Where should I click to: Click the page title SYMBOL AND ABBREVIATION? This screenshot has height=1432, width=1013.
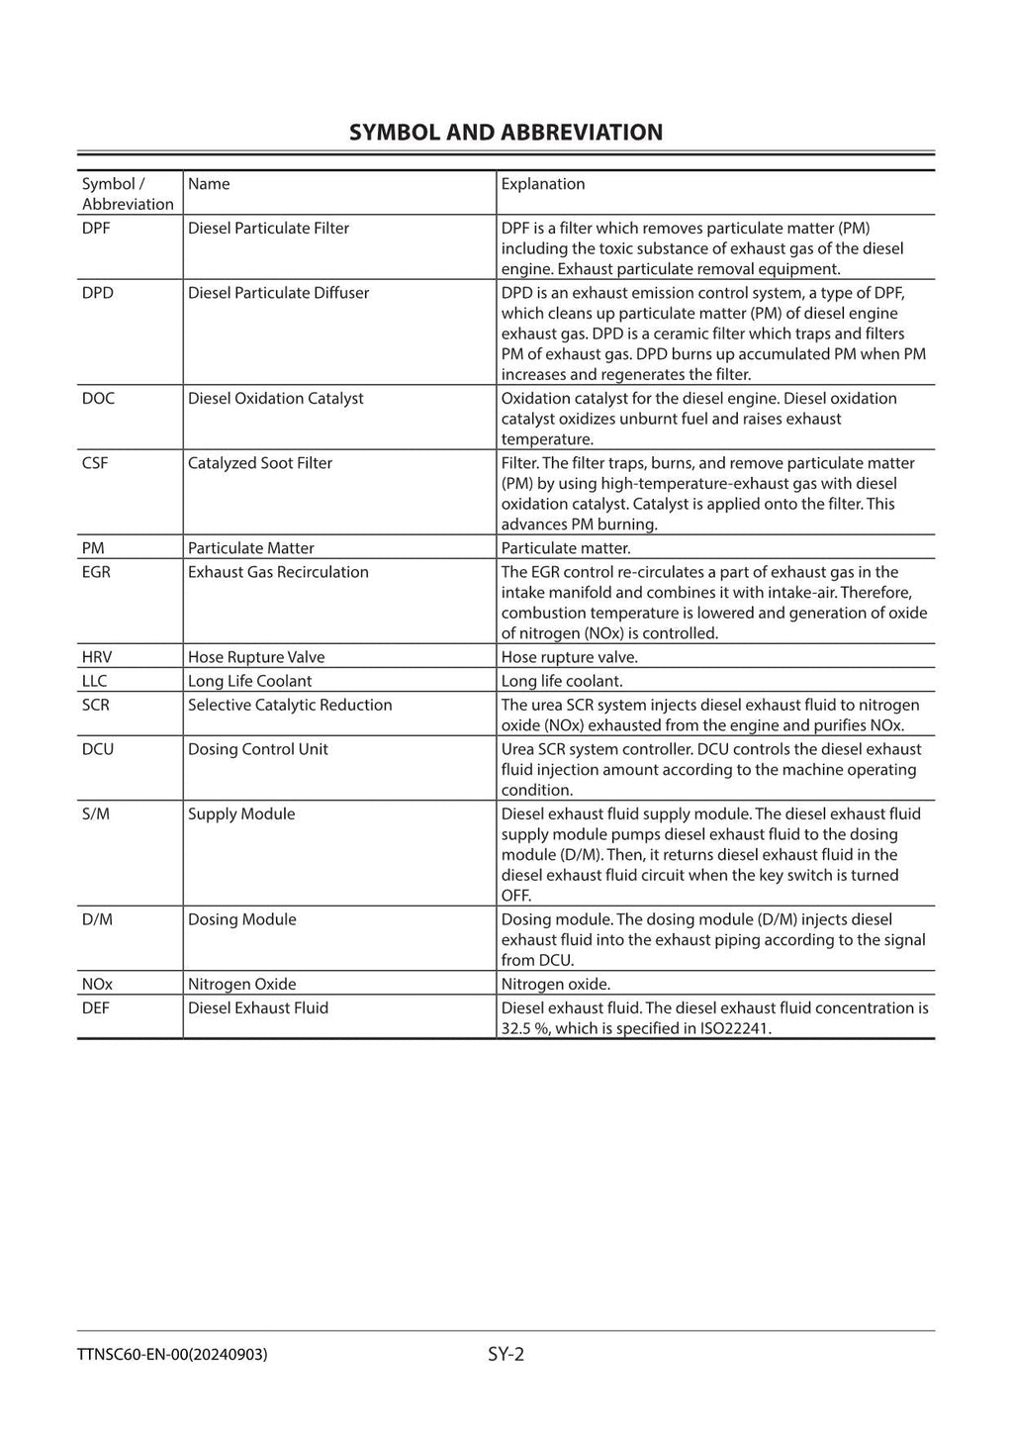pyautogui.click(x=506, y=133)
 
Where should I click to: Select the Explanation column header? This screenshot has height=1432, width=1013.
pyautogui.click(x=542, y=184)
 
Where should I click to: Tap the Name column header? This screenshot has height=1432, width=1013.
pyautogui.click(x=209, y=184)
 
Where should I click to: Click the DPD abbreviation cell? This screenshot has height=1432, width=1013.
pyautogui.click(x=98, y=293)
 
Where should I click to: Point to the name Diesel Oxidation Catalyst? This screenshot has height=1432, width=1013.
pyautogui.click(x=275, y=398)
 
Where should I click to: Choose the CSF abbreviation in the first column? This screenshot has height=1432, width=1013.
pyautogui.click(x=95, y=463)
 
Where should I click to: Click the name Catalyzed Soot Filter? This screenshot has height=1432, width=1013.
pyautogui.click(x=259, y=463)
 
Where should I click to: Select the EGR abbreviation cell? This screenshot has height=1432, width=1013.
pyautogui.click(x=96, y=572)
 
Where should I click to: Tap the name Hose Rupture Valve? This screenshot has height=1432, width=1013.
pyautogui.click(x=255, y=657)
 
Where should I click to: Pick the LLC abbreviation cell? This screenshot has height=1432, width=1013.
pyautogui.click(x=94, y=681)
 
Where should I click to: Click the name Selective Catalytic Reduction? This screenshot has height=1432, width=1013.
pyautogui.click(x=290, y=705)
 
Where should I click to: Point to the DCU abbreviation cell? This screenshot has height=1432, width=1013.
pyautogui.click(x=98, y=749)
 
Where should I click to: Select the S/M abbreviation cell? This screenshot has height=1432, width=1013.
pyautogui.click(x=96, y=813)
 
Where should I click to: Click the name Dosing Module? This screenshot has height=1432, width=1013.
pyautogui.click(x=241, y=919)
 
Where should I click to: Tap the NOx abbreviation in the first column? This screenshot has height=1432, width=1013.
pyautogui.click(x=97, y=984)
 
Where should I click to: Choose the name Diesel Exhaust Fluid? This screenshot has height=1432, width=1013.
pyautogui.click(x=257, y=1007)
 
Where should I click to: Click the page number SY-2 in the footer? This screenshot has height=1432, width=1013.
pyautogui.click(x=506, y=1354)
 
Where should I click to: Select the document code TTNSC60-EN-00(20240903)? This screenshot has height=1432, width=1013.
pyautogui.click(x=171, y=1355)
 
